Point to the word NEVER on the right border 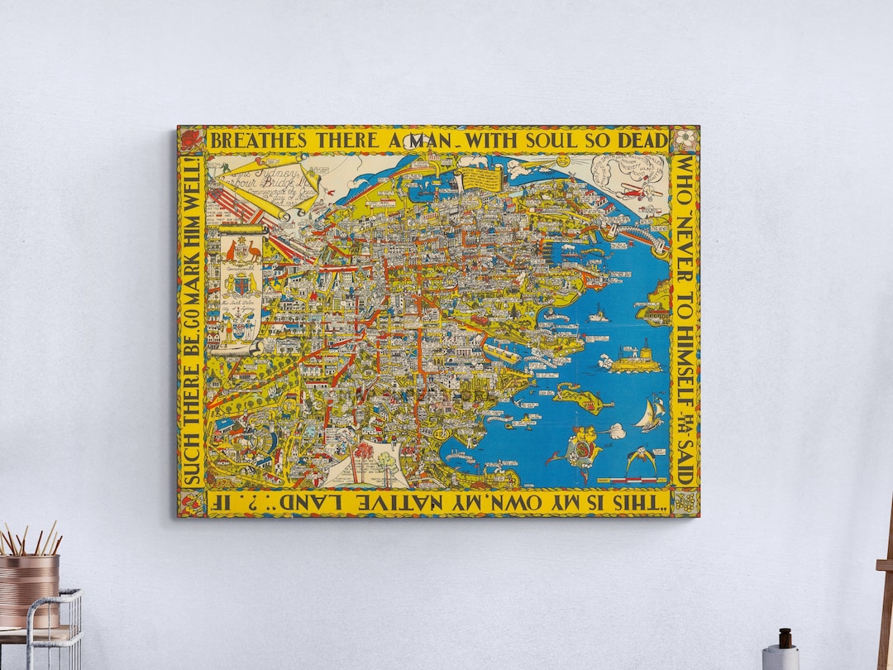[685, 248]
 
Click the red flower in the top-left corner [190, 139]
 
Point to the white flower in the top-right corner [685, 139]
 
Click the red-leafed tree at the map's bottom [362, 453]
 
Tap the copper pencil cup [30, 590]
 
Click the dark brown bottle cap [785, 638]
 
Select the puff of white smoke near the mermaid [616, 430]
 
